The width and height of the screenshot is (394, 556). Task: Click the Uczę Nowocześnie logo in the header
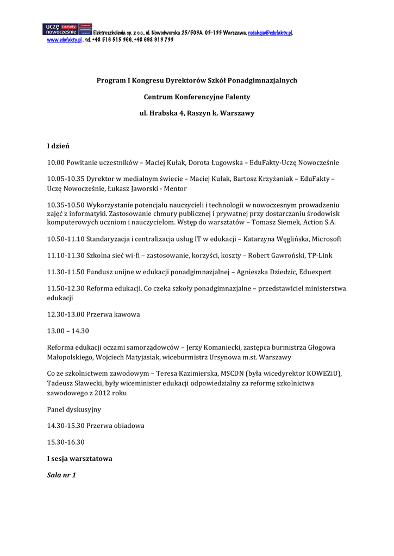67,29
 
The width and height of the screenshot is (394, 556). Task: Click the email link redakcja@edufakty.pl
270,33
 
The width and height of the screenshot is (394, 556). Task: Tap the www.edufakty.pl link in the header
64,40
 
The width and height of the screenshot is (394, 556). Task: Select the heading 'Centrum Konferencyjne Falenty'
197,97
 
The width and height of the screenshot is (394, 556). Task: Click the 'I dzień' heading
58,146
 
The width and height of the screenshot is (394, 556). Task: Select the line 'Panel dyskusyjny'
74,409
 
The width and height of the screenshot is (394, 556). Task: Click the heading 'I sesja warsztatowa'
80,459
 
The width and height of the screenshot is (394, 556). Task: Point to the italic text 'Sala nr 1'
62,475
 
